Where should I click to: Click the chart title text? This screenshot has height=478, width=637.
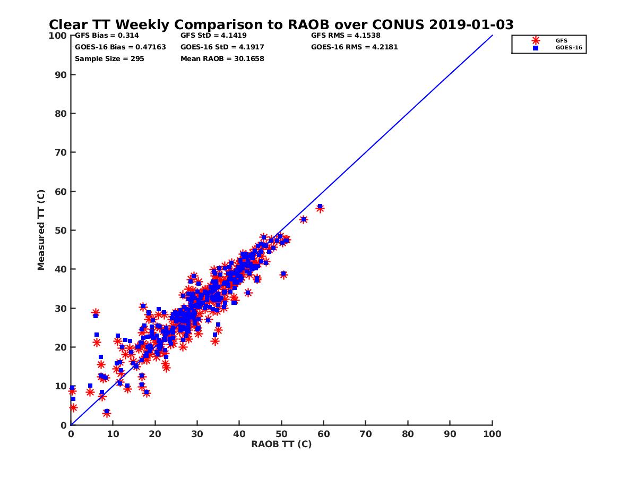click(x=281, y=25)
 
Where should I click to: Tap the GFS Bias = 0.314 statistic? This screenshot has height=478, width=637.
click(x=107, y=36)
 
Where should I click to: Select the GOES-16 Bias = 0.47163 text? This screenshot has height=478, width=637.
click(x=120, y=47)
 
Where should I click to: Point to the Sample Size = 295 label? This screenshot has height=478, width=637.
click(x=109, y=58)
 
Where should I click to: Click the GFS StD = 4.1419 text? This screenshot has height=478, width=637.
click(x=218, y=36)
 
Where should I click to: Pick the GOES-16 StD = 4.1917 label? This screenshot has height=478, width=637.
click(x=222, y=47)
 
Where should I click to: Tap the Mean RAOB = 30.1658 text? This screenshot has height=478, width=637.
click(x=222, y=58)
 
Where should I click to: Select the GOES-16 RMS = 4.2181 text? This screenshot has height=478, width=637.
click(x=355, y=47)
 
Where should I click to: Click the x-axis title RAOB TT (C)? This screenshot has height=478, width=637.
click(x=281, y=444)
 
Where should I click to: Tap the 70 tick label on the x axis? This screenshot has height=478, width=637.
click(x=366, y=433)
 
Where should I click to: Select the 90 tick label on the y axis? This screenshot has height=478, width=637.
click(x=61, y=74)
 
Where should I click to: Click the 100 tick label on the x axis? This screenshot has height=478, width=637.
click(x=493, y=433)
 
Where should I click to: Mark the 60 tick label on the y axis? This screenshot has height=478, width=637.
click(x=61, y=191)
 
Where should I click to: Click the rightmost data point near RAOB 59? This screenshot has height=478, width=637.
click(x=320, y=208)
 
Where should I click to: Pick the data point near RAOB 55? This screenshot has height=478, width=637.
click(x=303, y=219)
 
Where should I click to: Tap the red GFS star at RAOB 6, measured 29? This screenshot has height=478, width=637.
click(x=96, y=313)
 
